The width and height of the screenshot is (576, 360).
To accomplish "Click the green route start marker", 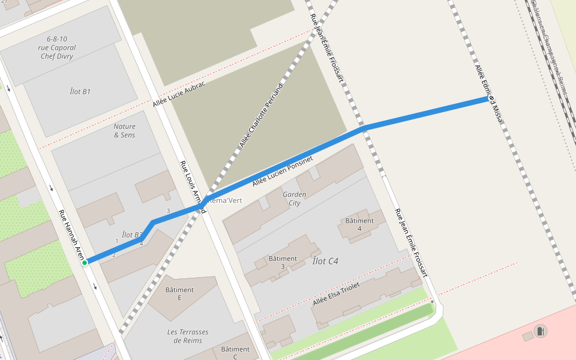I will pos(85,262).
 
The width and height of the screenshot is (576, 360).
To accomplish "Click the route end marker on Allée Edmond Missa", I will pos(491,98).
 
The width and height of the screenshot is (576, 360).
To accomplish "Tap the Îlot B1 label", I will pos(80,92).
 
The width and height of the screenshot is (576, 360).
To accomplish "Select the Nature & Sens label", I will pos(124,131).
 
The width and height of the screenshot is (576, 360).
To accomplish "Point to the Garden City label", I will pos(294,199).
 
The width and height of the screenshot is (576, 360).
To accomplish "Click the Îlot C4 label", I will pos(325,261).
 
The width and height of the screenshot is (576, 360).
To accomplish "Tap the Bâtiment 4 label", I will pos(359,224).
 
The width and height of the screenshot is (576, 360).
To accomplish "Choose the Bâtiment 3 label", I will pos(283,262).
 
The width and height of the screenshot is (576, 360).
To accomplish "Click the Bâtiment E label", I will pos(179,293).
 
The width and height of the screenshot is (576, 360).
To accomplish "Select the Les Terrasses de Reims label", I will pos(188,336).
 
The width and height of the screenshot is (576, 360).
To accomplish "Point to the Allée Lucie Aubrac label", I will pos(179,94).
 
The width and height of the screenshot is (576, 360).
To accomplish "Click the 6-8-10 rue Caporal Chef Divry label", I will pos(56,47).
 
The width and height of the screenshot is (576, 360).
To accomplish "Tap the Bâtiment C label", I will pos(235,353).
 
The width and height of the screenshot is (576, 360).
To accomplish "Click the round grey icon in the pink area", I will pos(541,331).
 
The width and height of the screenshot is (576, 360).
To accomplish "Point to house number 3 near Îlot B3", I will pos(168,211).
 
